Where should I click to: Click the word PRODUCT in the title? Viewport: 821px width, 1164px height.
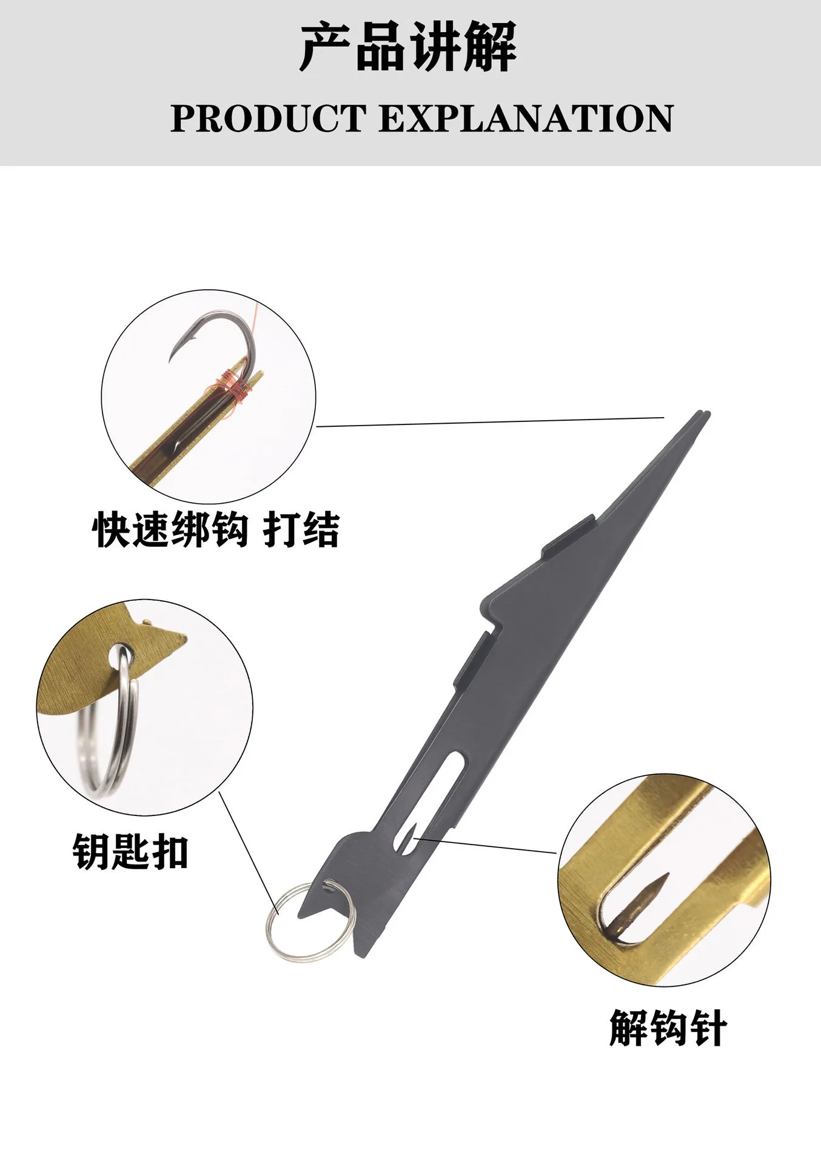pyautogui.click(x=268, y=118)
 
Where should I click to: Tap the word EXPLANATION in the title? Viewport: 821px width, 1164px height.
pyautogui.click(x=526, y=118)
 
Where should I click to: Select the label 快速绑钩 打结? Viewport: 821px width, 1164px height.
pyautogui.click(x=216, y=530)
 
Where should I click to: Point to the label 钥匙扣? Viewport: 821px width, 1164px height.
pyautogui.click(x=130, y=852)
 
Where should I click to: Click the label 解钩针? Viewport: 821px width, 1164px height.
pyautogui.click(x=668, y=1028)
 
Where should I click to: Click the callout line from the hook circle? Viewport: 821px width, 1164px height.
pyautogui.click(x=490, y=422)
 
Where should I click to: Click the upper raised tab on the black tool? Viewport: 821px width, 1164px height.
pyautogui.click(x=568, y=535)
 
